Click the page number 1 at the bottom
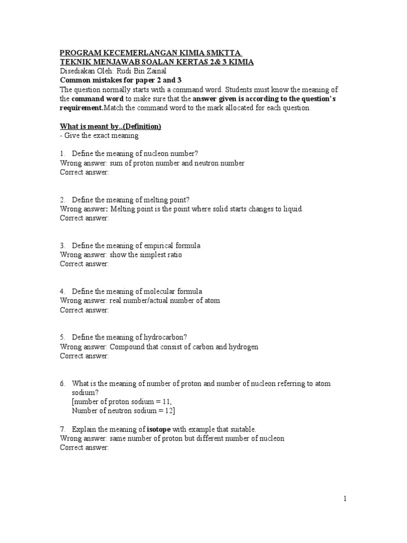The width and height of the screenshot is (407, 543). point(344,498)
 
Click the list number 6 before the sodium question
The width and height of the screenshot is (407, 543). point(62,383)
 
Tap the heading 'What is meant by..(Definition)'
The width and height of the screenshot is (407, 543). point(110,126)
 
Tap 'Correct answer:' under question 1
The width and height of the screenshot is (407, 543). point(84,172)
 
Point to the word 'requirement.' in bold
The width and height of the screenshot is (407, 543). point(82,108)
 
